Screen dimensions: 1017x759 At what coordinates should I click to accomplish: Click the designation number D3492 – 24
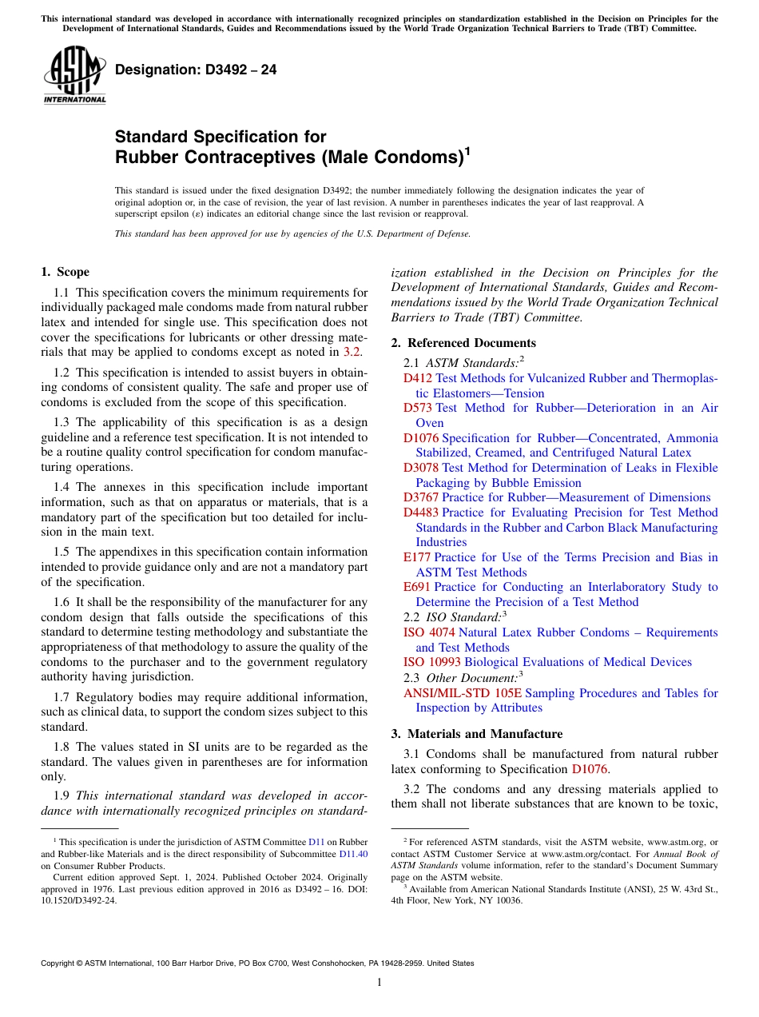click(x=196, y=70)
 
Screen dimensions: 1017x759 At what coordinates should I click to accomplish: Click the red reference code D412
click(x=417, y=378)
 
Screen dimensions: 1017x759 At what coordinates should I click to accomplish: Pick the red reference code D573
click(x=418, y=408)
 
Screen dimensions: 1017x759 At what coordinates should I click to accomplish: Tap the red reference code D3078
click(x=421, y=468)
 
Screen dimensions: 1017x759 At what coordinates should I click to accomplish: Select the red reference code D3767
click(x=421, y=497)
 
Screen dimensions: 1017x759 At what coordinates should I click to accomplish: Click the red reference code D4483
click(x=421, y=512)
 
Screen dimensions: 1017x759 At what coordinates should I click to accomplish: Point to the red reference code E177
click(x=417, y=557)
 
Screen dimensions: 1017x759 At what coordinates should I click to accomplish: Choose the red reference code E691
click(x=417, y=587)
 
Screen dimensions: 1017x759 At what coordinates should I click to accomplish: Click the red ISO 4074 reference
click(x=429, y=632)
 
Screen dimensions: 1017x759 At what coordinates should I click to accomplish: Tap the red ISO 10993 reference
click(x=432, y=662)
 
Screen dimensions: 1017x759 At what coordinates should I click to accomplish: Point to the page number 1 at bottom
click(x=379, y=983)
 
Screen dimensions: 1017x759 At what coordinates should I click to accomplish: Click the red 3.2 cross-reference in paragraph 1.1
click(x=352, y=352)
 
